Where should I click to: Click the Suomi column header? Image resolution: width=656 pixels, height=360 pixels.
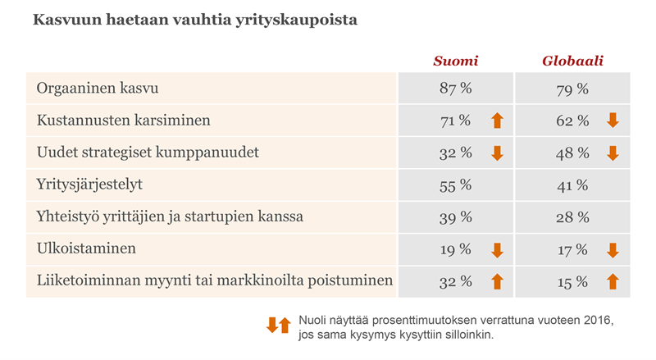pos(456,62)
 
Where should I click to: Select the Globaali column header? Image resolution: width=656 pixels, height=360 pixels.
pos(573,62)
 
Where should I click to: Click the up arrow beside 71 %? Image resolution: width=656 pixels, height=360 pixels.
pos(496,121)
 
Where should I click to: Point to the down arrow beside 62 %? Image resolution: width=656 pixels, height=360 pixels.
pos(613,121)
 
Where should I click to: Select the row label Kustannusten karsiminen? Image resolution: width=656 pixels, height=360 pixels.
pos(124,121)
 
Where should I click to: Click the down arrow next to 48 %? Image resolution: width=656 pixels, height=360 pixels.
pos(613,153)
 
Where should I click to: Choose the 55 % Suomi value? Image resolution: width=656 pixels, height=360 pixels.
pos(456,185)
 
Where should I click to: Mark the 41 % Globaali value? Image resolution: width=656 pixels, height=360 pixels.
pos(573,185)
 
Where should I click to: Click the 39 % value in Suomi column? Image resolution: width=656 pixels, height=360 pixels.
pos(456,216)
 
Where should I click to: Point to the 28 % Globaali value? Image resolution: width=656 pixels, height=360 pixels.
pos(573,216)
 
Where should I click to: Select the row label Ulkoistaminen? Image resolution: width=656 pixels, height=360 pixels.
pos(86,249)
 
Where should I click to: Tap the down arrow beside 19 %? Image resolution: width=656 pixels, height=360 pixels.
pos(496,249)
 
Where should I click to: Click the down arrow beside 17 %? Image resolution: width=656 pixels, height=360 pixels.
pos(613,249)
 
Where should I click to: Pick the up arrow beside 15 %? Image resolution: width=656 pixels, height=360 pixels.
pos(613,281)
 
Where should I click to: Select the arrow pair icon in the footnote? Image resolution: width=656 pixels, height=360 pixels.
pos(279,326)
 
